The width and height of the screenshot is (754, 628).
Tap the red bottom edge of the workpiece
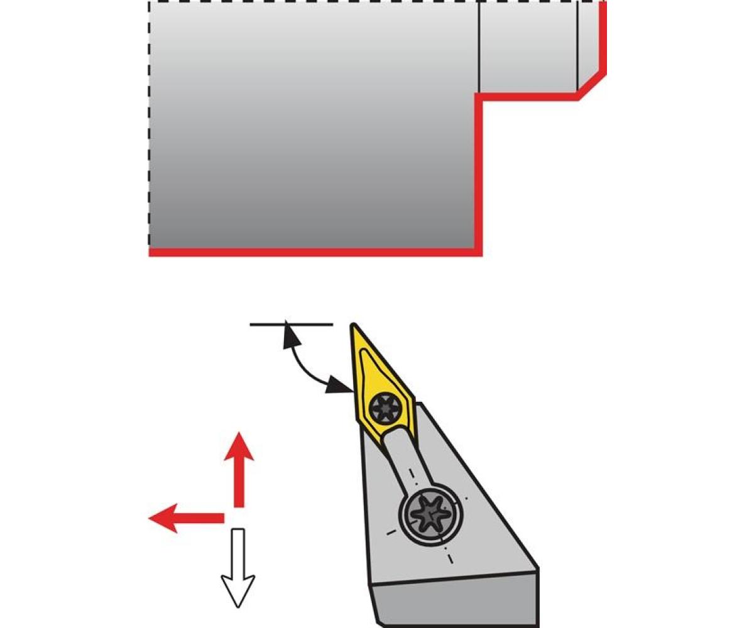click(314, 252)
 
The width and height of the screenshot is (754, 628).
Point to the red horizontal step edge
click(528, 95)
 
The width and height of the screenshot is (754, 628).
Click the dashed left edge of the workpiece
click(150, 126)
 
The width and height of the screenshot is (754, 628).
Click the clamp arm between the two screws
click(402, 458)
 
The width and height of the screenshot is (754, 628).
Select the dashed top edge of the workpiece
click(314, 2)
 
